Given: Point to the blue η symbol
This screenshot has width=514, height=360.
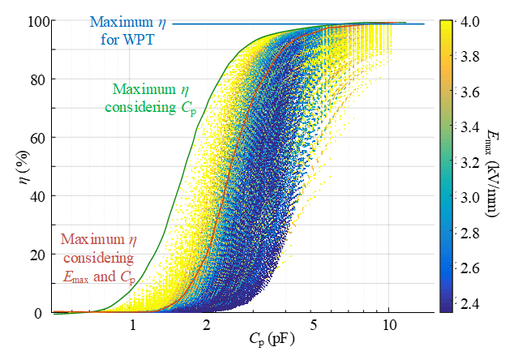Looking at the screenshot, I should pyautogui.click(x=163, y=22).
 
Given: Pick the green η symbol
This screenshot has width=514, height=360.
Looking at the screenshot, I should pyautogui.click(x=182, y=88).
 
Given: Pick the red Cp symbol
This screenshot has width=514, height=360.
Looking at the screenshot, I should pyautogui.click(x=127, y=278).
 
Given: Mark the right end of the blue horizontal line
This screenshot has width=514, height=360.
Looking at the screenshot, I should pyautogui.click(x=423, y=24).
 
